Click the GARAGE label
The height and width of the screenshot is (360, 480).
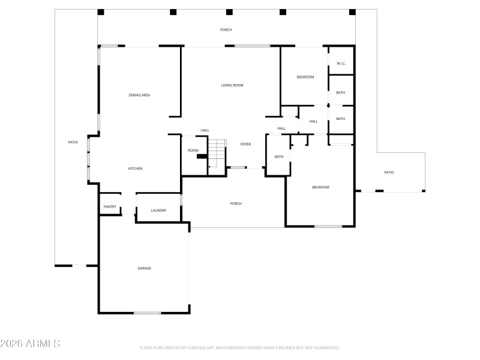click(144, 268)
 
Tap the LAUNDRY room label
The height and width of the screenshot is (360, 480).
click(158, 211)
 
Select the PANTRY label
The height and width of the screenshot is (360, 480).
click(110, 207)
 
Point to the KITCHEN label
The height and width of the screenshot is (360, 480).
click(135, 169)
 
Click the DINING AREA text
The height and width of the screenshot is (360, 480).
click(139, 95)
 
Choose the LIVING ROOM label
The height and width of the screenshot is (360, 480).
click(232, 86)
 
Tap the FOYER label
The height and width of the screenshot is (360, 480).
click(245, 145)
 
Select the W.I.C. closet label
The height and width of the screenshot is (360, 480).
click(341, 64)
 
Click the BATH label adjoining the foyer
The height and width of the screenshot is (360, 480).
click(279, 157)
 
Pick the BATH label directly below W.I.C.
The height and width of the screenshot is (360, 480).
click(341, 93)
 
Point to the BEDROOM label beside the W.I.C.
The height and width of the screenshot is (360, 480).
click(305, 77)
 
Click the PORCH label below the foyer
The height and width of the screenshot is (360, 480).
click(236, 204)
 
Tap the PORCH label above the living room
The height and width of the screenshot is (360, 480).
click(226, 30)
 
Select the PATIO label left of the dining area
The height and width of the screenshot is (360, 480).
click(73, 142)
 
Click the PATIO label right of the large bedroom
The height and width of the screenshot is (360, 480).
click(389, 173)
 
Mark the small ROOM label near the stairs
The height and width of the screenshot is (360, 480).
click(193, 151)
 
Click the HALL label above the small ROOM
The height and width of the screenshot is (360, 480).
click(205, 131)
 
